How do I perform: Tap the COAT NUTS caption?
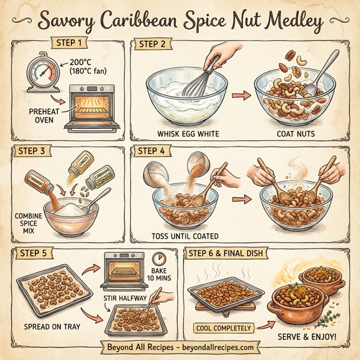click(x=296, y=133)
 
